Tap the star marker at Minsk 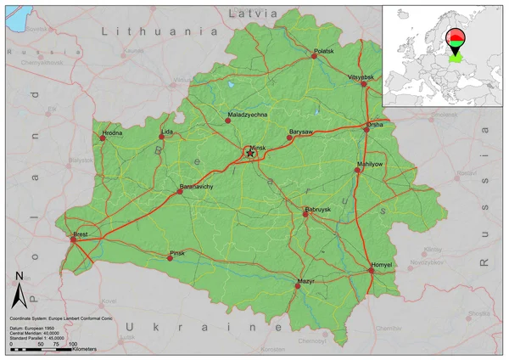[x=249, y=153]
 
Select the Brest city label [x=81, y=233]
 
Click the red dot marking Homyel [x=372, y=273]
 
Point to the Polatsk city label [x=325, y=52]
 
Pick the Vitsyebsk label [x=361, y=76]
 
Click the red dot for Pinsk [x=170, y=258]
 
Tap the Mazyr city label [x=305, y=279]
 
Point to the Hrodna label [x=112, y=132]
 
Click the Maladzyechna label [x=248, y=113]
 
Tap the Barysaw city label [x=301, y=132]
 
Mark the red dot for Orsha [x=366, y=130]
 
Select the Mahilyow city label [x=370, y=163]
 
